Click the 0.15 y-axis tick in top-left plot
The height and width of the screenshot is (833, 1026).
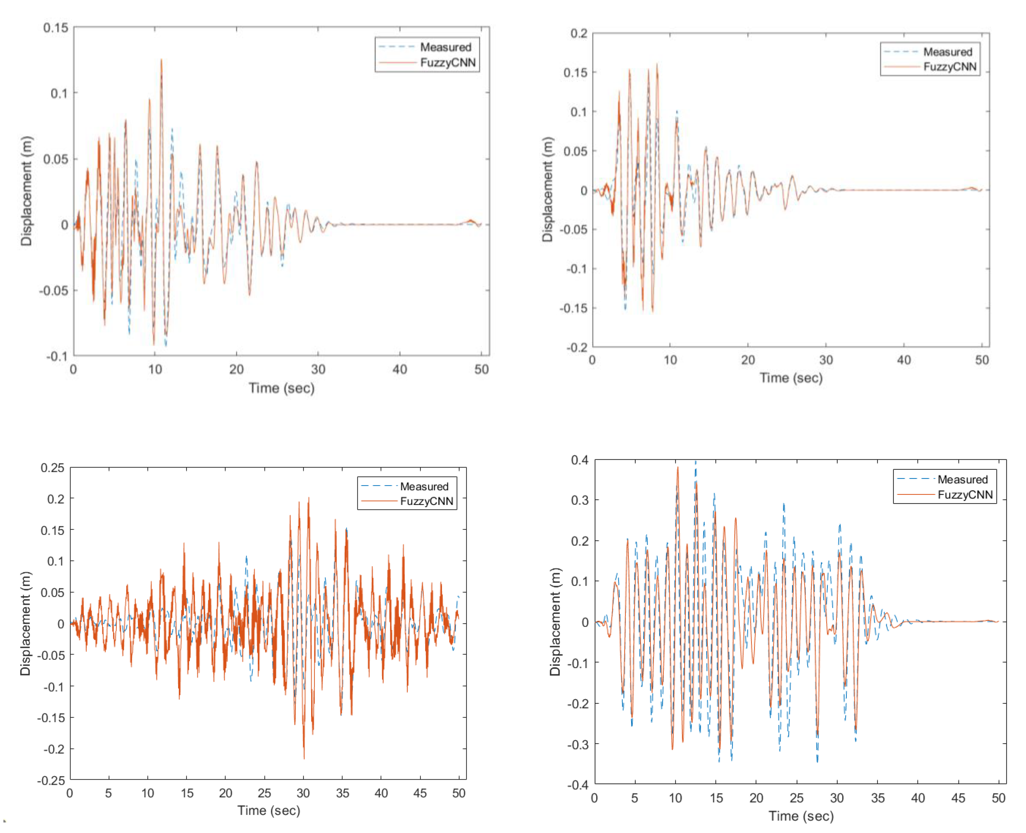pyautogui.click(x=56, y=28)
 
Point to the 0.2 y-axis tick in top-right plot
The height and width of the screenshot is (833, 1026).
pyautogui.click(x=579, y=34)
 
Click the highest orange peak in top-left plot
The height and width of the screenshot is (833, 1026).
pyautogui.click(x=161, y=60)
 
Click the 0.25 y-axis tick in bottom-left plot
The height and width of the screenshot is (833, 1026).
pyautogui.click(x=52, y=468)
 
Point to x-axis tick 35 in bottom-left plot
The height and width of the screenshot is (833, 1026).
pyautogui.click(x=342, y=793)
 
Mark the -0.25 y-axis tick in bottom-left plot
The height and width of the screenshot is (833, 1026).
pyautogui.click(x=51, y=781)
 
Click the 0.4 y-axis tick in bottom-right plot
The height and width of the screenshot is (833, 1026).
pyautogui.click(x=580, y=460)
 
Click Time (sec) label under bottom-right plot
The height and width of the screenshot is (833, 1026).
pyautogui.click(x=801, y=816)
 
